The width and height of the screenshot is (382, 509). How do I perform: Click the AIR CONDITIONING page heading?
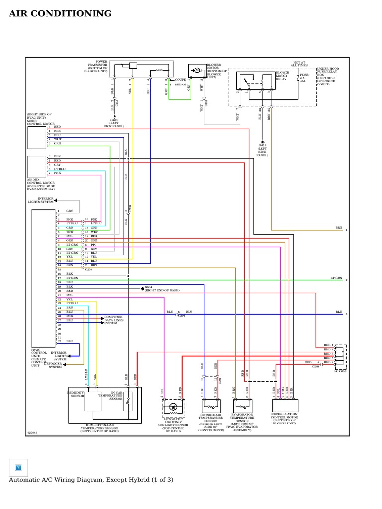coord(60,14)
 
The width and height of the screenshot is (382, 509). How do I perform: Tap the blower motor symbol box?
coord(197,71)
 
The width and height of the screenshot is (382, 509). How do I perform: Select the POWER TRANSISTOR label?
coord(97,67)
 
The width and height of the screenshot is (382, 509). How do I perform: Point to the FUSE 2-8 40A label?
coord(303,78)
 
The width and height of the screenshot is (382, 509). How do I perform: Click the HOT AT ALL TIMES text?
coord(299,63)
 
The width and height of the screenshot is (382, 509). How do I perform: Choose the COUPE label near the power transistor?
coord(180,79)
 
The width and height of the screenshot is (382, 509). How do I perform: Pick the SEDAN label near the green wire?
coord(180,85)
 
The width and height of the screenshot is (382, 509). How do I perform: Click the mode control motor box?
coord(37,138)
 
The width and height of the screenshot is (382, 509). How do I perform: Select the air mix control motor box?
coord(37,167)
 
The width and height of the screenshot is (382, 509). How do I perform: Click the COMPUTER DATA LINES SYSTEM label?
coord(113,320)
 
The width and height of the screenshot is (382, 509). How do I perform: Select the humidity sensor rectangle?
coord(93,401)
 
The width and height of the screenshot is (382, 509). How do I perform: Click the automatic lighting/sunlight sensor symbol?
coord(173,407)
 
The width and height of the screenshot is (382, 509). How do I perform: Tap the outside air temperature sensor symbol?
coord(211,406)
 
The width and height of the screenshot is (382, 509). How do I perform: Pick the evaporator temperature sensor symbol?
coord(242,406)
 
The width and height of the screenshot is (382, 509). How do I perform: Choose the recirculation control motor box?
coord(285,406)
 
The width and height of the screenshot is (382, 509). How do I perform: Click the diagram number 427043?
coord(32,433)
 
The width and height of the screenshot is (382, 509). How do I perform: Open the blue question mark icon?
coord(18,467)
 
